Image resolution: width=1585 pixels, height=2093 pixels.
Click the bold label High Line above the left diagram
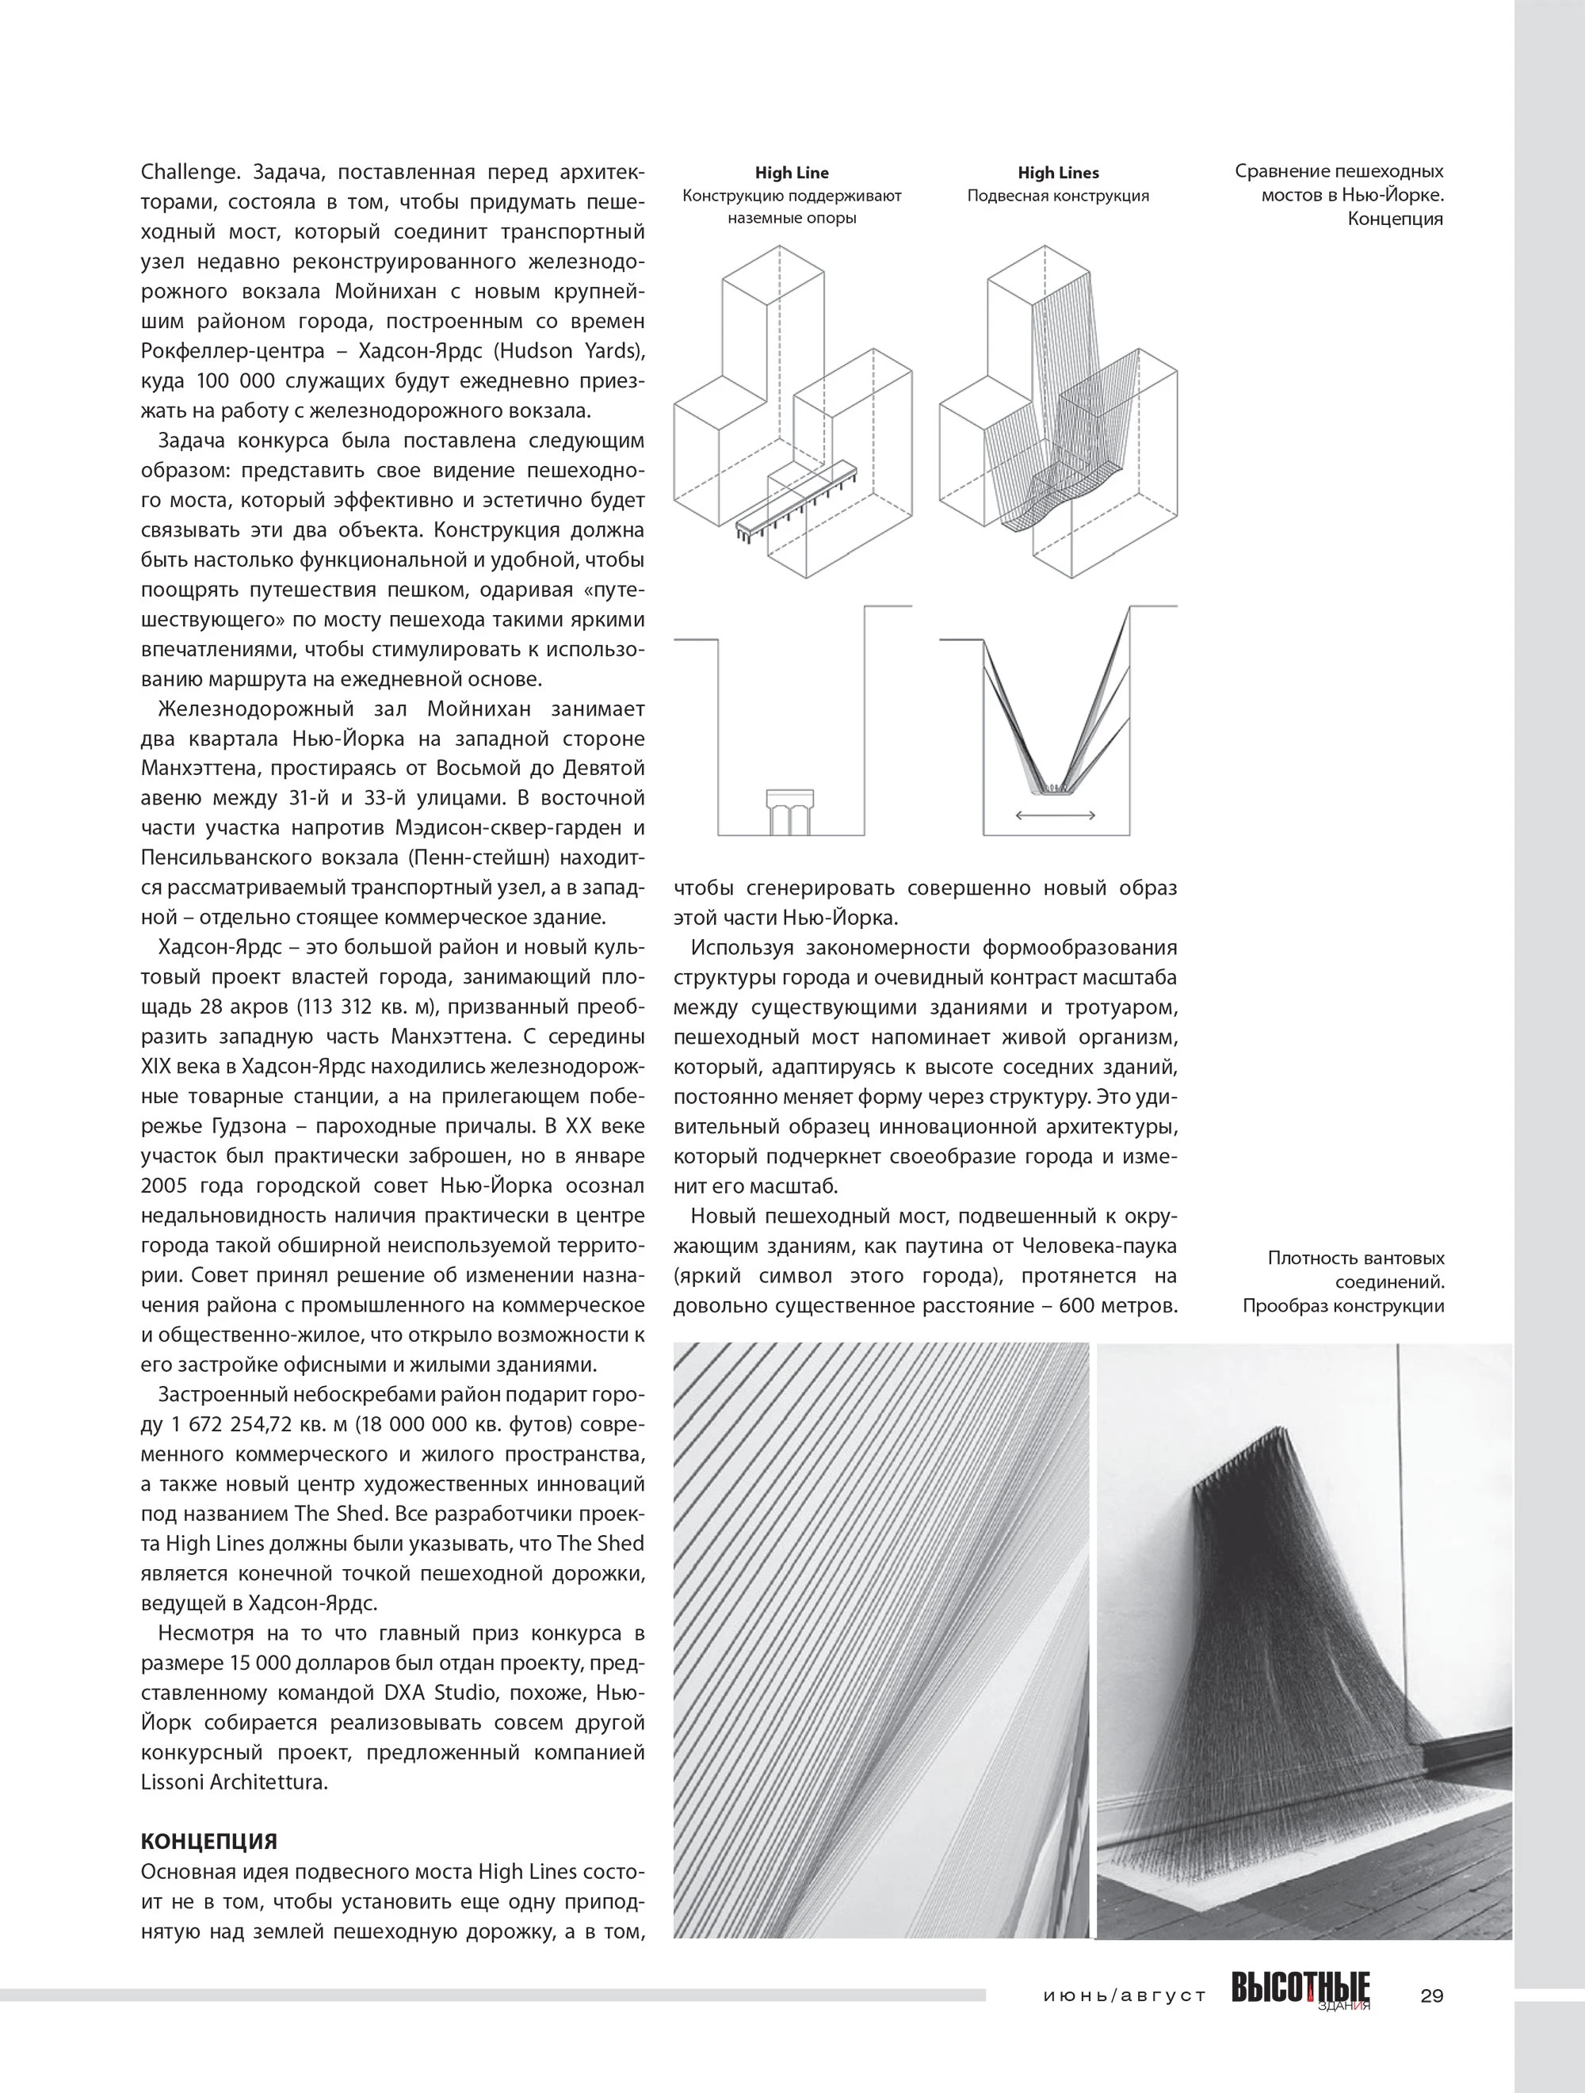791,173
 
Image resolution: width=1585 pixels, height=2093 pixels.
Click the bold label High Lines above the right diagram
1058,173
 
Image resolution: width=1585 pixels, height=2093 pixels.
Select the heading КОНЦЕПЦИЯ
209,1841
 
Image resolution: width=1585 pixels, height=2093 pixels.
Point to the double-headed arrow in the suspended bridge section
1055,815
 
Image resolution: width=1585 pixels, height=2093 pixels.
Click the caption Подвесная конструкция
1058,197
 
